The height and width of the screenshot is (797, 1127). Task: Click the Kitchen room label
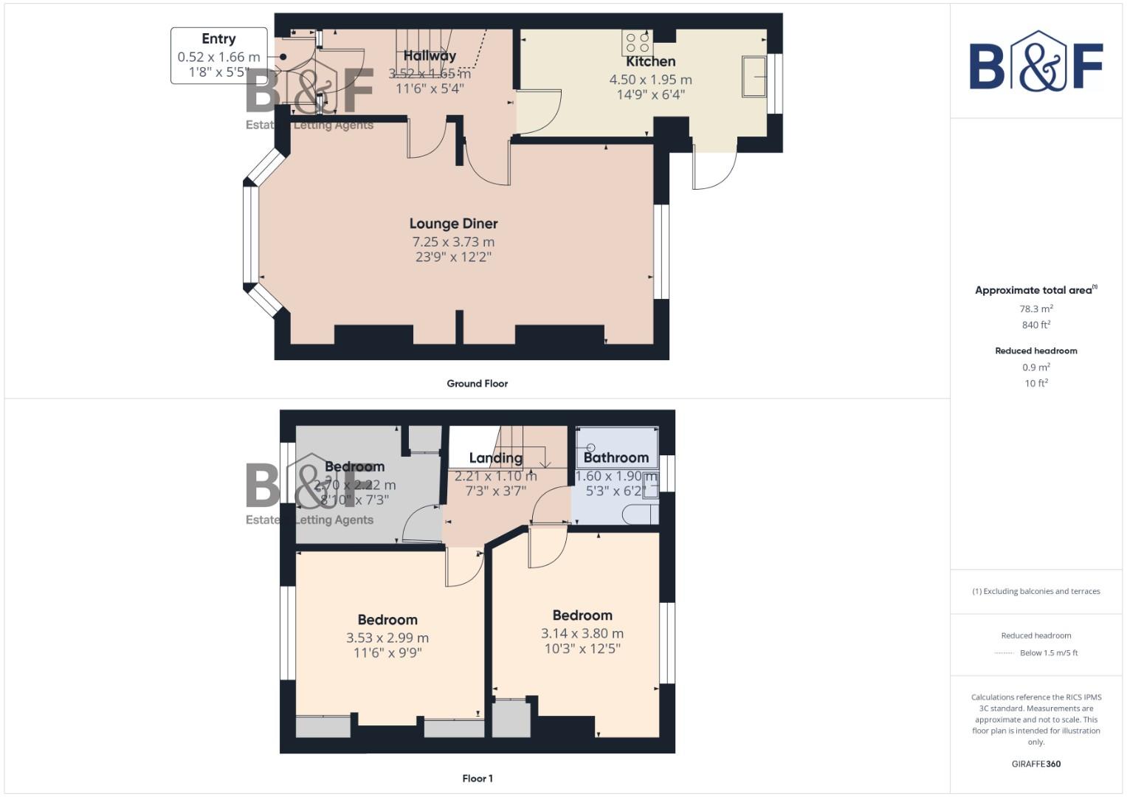pyautogui.click(x=650, y=61)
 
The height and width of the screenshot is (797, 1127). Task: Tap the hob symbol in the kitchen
pyautogui.click(x=637, y=43)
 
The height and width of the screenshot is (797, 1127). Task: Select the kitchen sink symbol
pyautogui.click(x=754, y=77)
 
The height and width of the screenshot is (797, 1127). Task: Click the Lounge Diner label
pyautogui.click(x=453, y=224)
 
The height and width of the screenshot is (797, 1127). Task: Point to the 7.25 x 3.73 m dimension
pyautogui.click(x=453, y=242)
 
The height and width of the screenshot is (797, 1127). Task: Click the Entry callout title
pyautogui.click(x=218, y=39)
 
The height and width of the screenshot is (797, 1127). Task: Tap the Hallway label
pyautogui.click(x=430, y=55)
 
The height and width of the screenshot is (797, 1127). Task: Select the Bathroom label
pyautogui.click(x=616, y=458)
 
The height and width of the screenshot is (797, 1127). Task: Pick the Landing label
pyautogui.click(x=495, y=458)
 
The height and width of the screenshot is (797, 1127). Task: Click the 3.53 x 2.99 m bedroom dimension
pyautogui.click(x=387, y=638)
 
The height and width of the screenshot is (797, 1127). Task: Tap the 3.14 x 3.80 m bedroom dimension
pyautogui.click(x=582, y=633)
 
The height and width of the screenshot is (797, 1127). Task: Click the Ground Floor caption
pyautogui.click(x=477, y=384)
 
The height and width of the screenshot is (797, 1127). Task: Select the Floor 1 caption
pyautogui.click(x=477, y=779)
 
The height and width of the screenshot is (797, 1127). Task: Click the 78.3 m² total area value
pyautogui.click(x=1035, y=309)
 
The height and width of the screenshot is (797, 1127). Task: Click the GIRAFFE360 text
pyautogui.click(x=1035, y=764)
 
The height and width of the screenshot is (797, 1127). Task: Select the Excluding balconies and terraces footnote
pyautogui.click(x=1035, y=591)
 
